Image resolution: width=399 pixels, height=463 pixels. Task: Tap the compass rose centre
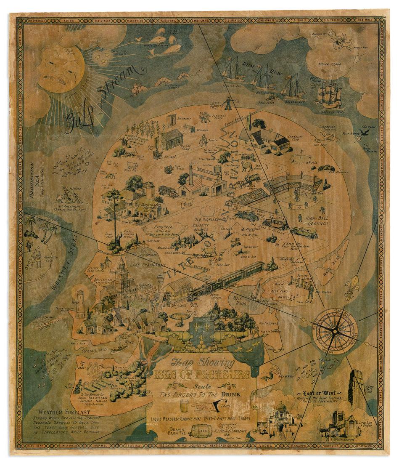334,331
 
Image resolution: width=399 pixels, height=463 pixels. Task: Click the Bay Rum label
241,300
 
